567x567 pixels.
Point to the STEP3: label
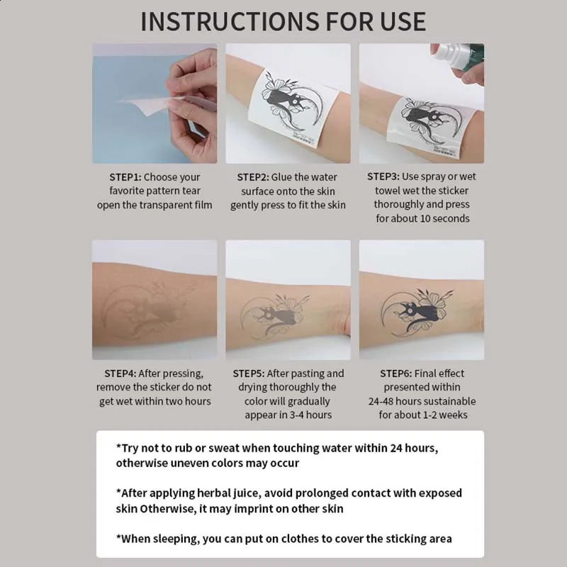tap(383, 177)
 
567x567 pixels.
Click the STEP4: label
tap(120, 374)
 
